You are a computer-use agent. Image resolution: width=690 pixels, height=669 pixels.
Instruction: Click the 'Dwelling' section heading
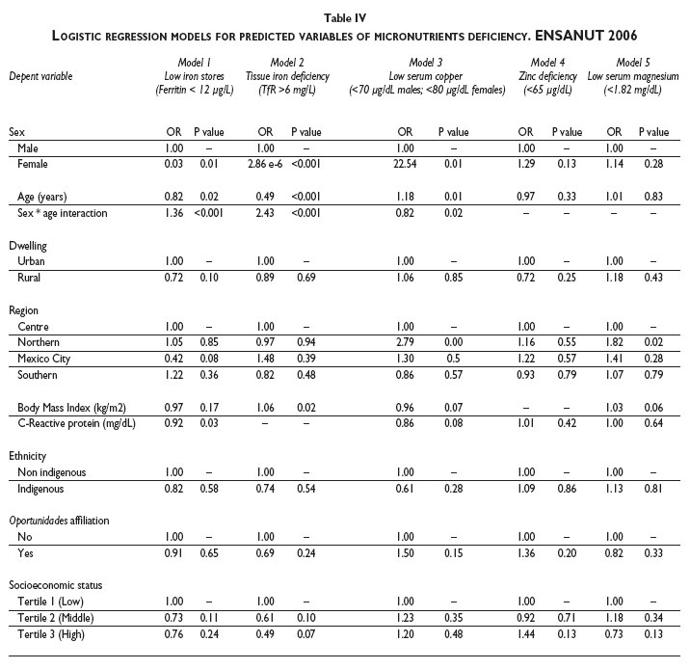28,246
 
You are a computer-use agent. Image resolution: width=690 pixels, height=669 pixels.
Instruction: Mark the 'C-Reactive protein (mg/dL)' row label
73,424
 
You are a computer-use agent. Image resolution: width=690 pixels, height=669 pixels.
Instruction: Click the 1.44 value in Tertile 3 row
525,636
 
